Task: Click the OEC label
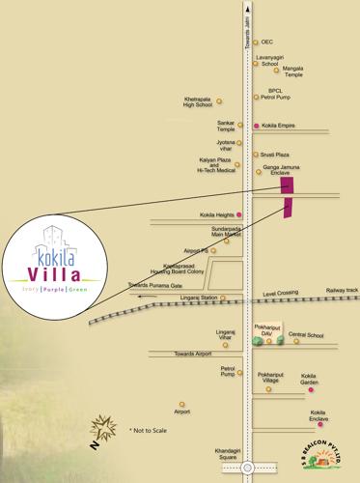coord(267,43)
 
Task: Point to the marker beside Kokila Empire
coord(256,126)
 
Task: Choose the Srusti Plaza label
coord(276,154)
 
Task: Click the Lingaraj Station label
coord(199,298)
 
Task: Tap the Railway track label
coord(341,290)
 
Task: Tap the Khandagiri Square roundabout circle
coord(248,468)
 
